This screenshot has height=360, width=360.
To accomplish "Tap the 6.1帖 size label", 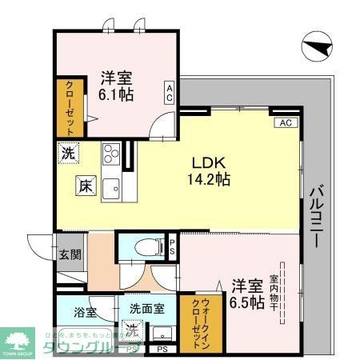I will pos(117,94).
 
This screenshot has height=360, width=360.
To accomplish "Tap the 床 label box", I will pos(86,185).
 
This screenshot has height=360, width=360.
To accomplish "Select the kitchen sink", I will pos(111,188).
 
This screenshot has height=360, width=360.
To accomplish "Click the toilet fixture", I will pos(145,247).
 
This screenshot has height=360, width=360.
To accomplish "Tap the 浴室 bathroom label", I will pos(86,310).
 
